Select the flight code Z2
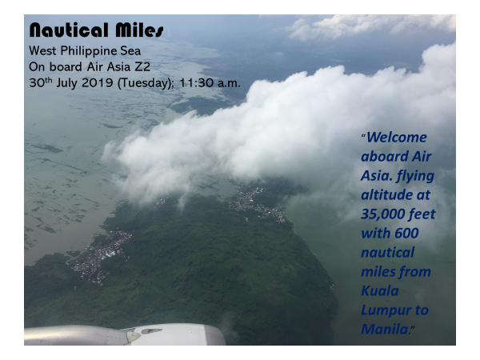click(x=142, y=66)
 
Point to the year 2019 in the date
click(x=98, y=83)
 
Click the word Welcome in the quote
click(x=397, y=137)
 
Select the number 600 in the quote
click(x=406, y=234)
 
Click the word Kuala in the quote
click(x=380, y=291)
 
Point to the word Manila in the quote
click(x=385, y=330)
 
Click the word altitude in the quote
click(x=386, y=195)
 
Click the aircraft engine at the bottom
click(x=125, y=334)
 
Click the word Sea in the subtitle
click(x=130, y=51)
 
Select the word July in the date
click(x=66, y=83)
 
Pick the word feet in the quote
click(x=424, y=214)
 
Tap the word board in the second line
click(x=66, y=66)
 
